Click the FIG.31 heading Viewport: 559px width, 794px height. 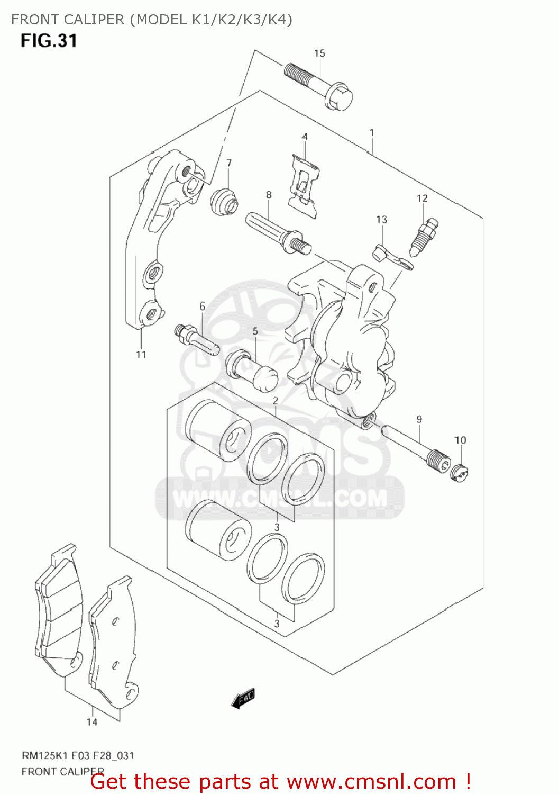[49, 41]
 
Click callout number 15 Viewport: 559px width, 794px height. [319, 53]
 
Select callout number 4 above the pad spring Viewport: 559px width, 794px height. [305, 137]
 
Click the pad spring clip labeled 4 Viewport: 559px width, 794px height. [305, 186]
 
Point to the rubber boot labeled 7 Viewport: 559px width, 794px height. [224, 202]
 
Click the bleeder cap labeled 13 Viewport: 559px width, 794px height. [392, 256]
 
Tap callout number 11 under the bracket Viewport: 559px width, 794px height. [141, 355]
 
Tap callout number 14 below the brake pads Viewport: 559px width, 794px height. [92, 722]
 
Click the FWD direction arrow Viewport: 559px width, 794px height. [243, 699]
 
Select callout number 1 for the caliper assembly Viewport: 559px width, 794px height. [372, 132]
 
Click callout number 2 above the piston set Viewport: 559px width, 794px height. [276, 401]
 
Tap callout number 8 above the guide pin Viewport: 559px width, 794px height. [269, 195]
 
